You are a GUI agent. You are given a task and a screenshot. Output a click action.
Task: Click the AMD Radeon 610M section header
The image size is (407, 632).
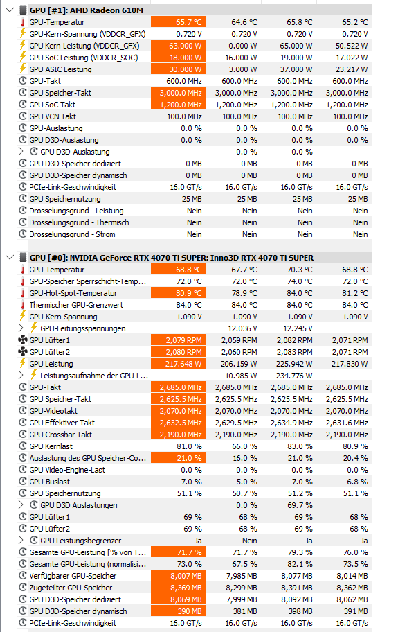[87, 10]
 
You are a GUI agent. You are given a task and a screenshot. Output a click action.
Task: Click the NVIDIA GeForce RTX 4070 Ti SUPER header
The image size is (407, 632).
[172, 258]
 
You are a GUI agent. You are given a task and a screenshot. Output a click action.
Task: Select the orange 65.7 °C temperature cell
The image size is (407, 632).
[179, 22]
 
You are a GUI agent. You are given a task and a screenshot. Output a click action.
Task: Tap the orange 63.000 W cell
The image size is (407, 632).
[179, 46]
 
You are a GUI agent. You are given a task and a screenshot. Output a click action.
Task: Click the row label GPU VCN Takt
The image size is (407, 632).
[53, 116]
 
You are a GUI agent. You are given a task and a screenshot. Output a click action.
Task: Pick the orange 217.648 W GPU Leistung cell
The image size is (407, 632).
[179, 364]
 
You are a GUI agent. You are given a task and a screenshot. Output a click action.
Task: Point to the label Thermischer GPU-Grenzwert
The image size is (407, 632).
[76, 305]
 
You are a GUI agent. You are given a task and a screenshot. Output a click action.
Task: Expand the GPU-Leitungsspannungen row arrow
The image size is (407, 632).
[21, 328]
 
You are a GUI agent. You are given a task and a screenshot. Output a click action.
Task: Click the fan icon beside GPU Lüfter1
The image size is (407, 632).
[23, 340]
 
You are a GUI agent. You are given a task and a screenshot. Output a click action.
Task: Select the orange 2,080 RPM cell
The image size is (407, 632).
[179, 352]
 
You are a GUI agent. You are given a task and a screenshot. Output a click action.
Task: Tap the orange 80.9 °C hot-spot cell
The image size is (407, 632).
[179, 293]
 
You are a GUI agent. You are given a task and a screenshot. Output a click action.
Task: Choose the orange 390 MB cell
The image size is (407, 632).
[179, 611]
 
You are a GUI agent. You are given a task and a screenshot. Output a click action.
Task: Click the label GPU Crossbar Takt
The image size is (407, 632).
[61, 434]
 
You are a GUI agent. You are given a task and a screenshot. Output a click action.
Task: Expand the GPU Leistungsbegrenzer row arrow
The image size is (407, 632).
[21, 540]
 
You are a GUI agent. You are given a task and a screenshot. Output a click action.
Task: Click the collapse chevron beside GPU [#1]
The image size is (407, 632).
[10, 10]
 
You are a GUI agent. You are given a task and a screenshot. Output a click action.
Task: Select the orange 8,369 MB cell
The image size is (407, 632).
[179, 588]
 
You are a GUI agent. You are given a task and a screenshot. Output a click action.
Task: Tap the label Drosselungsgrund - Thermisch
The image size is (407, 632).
[80, 222]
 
